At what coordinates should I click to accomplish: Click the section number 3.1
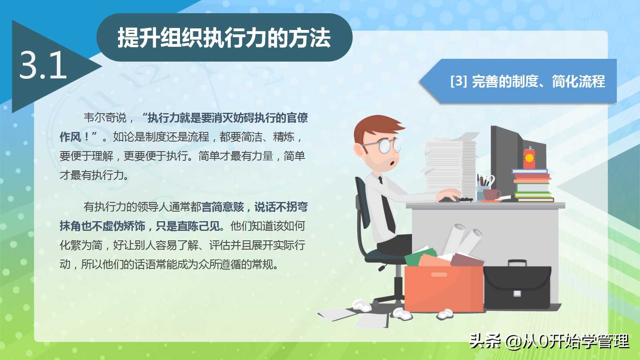[x=43, y=65]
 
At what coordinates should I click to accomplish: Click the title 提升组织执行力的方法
[x=224, y=38]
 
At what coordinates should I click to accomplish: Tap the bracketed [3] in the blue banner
[x=458, y=81]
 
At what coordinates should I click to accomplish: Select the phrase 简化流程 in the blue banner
[x=578, y=82]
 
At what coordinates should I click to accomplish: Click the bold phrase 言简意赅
[x=223, y=207]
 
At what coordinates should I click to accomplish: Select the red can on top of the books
[x=529, y=158]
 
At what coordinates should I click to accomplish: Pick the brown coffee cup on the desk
[x=492, y=194]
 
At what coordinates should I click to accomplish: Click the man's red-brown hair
[x=377, y=127]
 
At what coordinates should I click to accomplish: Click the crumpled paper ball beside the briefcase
[x=445, y=314]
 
